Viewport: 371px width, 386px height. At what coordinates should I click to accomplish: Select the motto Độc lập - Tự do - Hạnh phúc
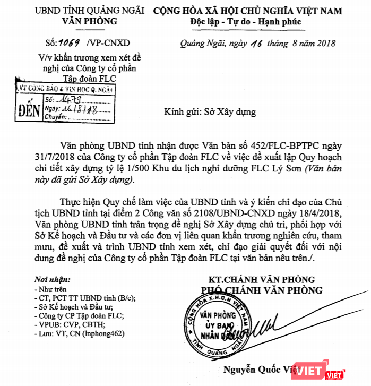click(x=245, y=22)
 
